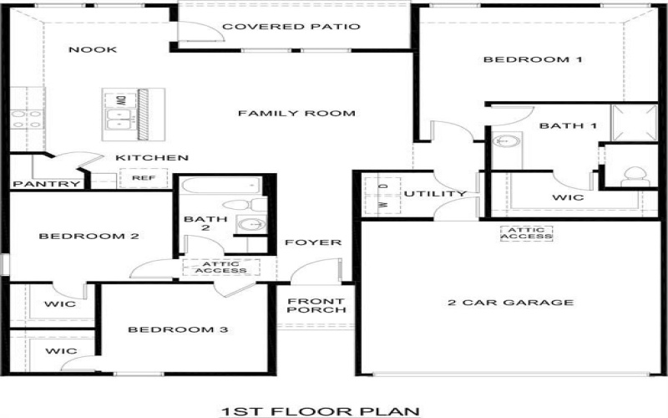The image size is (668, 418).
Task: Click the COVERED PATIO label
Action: click(x=291, y=27)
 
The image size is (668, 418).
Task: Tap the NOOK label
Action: click(x=93, y=49)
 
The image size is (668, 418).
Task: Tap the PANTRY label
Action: click(x=46, y=184)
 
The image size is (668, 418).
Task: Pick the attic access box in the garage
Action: click(x=526, y=233)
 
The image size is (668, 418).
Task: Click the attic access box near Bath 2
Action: click(x=220, y=267)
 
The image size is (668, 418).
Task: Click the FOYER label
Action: click(x=313, y=242)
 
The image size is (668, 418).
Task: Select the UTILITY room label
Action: click(x=435, y=194)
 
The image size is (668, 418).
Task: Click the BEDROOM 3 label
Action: click(x=178, y=329)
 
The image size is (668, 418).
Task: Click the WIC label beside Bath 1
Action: click(x=568, y=199)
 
